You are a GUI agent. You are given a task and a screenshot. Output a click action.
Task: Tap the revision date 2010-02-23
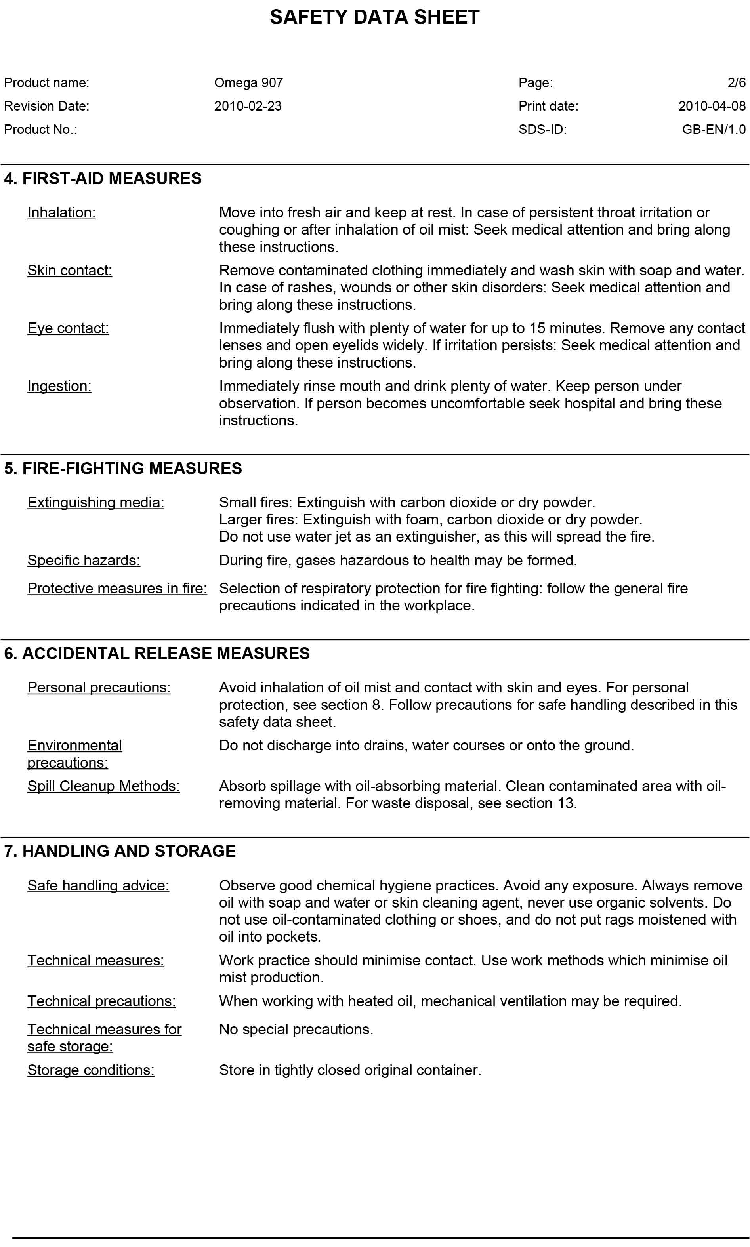pyautogui.click(x=248, y=106)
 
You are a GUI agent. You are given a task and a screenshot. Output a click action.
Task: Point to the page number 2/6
pyautogui.click(x=737, y=82)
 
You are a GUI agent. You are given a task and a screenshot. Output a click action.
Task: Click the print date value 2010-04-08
pyautogui.click(x=712, y=106)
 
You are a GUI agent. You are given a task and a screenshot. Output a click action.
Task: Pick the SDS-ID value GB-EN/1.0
pyautogui.click(x=714, y=130)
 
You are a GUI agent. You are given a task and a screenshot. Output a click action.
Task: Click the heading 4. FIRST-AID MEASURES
pyautogui.click(x=103, y=178)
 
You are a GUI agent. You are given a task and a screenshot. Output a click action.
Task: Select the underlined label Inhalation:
pyautogui.click(x=61, y=213)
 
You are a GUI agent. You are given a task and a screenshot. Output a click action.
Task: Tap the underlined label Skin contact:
pyautogui.click(x=69, y=270)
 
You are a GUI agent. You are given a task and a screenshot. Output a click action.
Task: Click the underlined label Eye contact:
pyautogui.click(x=68, y=328)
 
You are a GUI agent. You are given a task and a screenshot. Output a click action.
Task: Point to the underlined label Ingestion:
pyautogui.click(x=59, y=386)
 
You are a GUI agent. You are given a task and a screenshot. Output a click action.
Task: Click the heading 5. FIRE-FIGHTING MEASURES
pyautogui.click(x=123, y=468)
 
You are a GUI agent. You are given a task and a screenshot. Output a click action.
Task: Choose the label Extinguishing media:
pyautogui.click(x=95, y=503)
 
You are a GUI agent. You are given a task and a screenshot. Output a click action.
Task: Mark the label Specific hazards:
pyautogui.click(x=83, y=561)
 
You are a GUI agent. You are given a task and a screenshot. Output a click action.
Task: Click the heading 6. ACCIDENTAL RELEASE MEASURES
pyautogui.click(x=156, y=653)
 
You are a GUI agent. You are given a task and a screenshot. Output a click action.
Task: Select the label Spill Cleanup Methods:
pyautogui.click(x=103, y=786)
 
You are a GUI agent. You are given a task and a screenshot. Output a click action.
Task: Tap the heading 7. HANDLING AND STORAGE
pyautogui.click(x=120, y=851)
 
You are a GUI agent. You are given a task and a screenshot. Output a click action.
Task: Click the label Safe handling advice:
pyautogui.click(x=98, y=886)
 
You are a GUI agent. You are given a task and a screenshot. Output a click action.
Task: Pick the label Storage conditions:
pyautogui.click(x=90, y=1070)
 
